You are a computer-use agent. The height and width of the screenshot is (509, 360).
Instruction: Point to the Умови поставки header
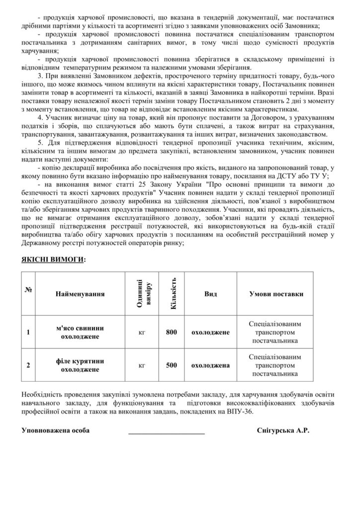coord(275,294)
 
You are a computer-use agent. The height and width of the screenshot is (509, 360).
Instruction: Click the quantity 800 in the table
coord(172,332)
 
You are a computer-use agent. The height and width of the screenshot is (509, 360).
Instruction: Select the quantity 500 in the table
coord(172,365)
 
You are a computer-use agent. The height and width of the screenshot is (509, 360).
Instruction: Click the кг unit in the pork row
coord(141,332)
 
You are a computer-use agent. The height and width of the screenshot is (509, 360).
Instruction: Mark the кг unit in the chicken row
coord(141,365)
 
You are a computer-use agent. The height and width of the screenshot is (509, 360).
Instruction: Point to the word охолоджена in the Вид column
coord(210,365)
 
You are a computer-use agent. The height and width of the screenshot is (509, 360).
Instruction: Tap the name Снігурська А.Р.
coord(283,430)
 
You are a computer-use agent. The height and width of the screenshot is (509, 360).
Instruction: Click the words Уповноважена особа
coord(56,430)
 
